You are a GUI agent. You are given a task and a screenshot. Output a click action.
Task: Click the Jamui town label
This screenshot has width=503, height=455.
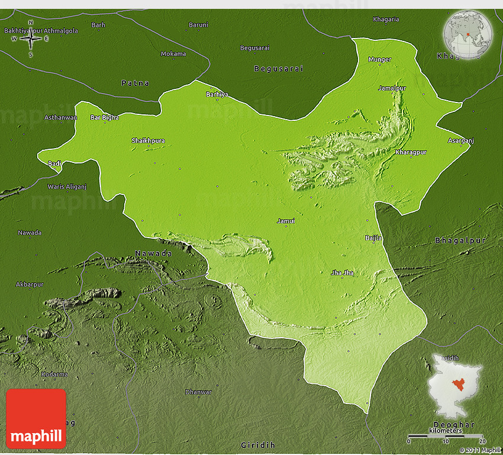[286, 221]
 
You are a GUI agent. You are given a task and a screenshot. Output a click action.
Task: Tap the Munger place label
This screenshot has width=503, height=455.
[379, 59]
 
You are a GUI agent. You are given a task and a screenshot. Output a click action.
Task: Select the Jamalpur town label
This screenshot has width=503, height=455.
[392, 88]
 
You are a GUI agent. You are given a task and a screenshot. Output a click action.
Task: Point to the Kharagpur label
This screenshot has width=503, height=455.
[411, 152]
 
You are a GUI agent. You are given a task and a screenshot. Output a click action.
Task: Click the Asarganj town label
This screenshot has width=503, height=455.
[460, 140]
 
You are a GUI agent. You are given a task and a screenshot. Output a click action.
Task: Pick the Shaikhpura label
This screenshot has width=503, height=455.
[148, 140]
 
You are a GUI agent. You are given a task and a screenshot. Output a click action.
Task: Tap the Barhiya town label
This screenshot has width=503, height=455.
[217, 94]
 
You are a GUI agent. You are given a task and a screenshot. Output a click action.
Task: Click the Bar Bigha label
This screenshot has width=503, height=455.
[104, 117]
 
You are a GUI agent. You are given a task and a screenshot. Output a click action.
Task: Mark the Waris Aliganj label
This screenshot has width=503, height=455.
[67, 186]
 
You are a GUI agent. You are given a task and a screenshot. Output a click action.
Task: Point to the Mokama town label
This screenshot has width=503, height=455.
[173, 54]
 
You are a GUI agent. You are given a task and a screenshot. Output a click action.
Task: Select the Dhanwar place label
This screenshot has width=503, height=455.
[198, 392]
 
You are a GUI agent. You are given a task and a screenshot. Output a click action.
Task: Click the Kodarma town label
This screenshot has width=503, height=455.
[54, 374]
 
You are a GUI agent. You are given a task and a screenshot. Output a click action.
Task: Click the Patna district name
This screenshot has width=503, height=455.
[135, 83]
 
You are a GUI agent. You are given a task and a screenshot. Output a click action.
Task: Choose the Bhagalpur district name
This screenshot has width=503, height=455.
[460, 241]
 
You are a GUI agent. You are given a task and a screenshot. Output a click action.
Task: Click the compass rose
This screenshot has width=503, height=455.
[31, 39]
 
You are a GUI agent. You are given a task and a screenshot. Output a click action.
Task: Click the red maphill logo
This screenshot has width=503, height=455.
[36, 418]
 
